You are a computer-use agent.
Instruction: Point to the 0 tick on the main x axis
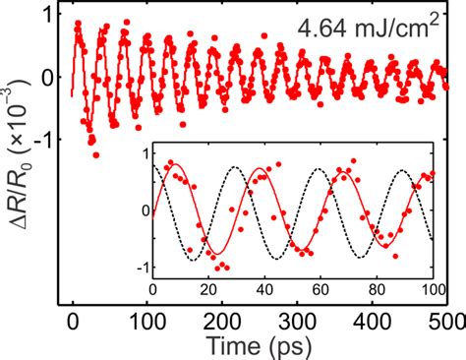pos(73,320)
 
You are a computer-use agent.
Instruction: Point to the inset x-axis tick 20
pos(208,290)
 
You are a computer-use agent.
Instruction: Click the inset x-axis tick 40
pos(264,290)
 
